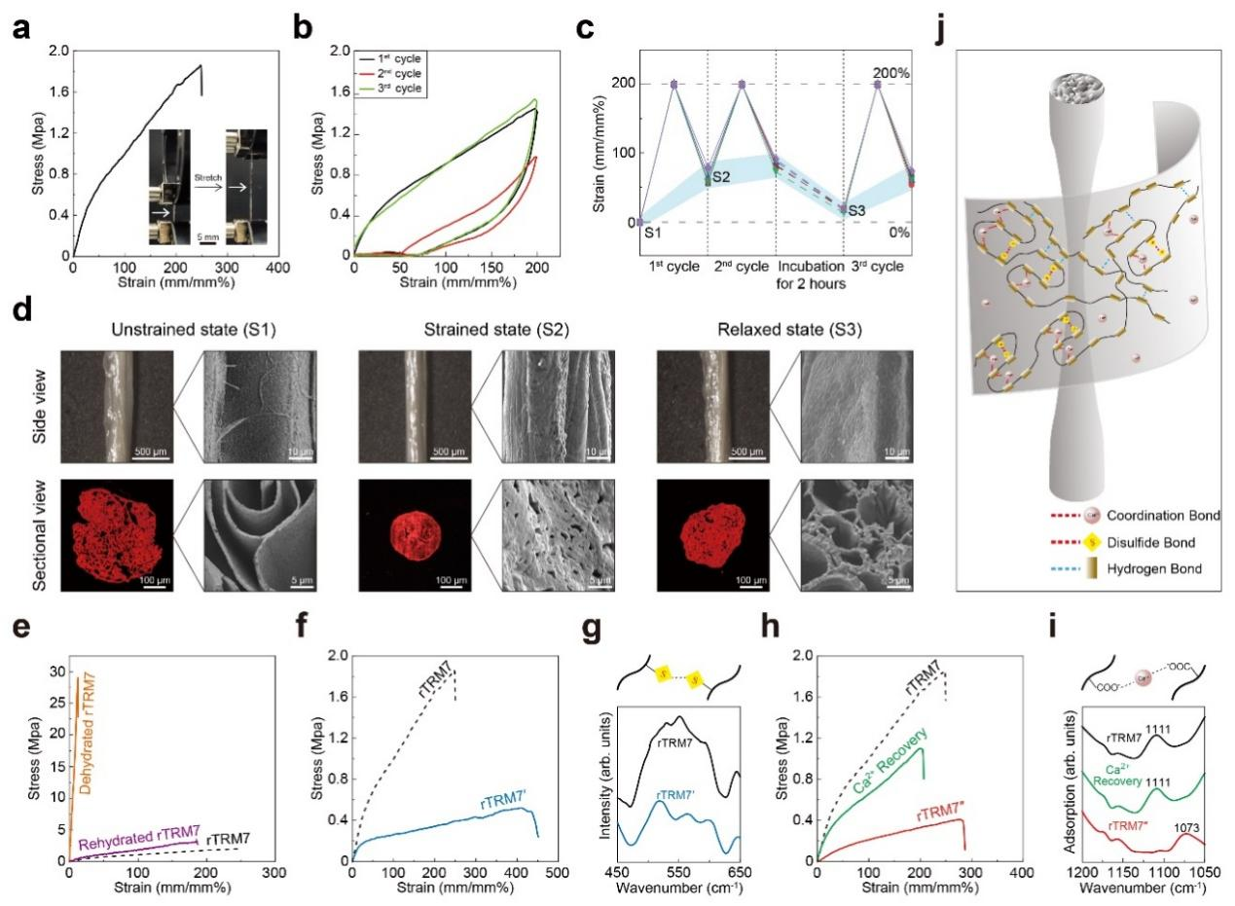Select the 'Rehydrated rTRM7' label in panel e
coord(132,844)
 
